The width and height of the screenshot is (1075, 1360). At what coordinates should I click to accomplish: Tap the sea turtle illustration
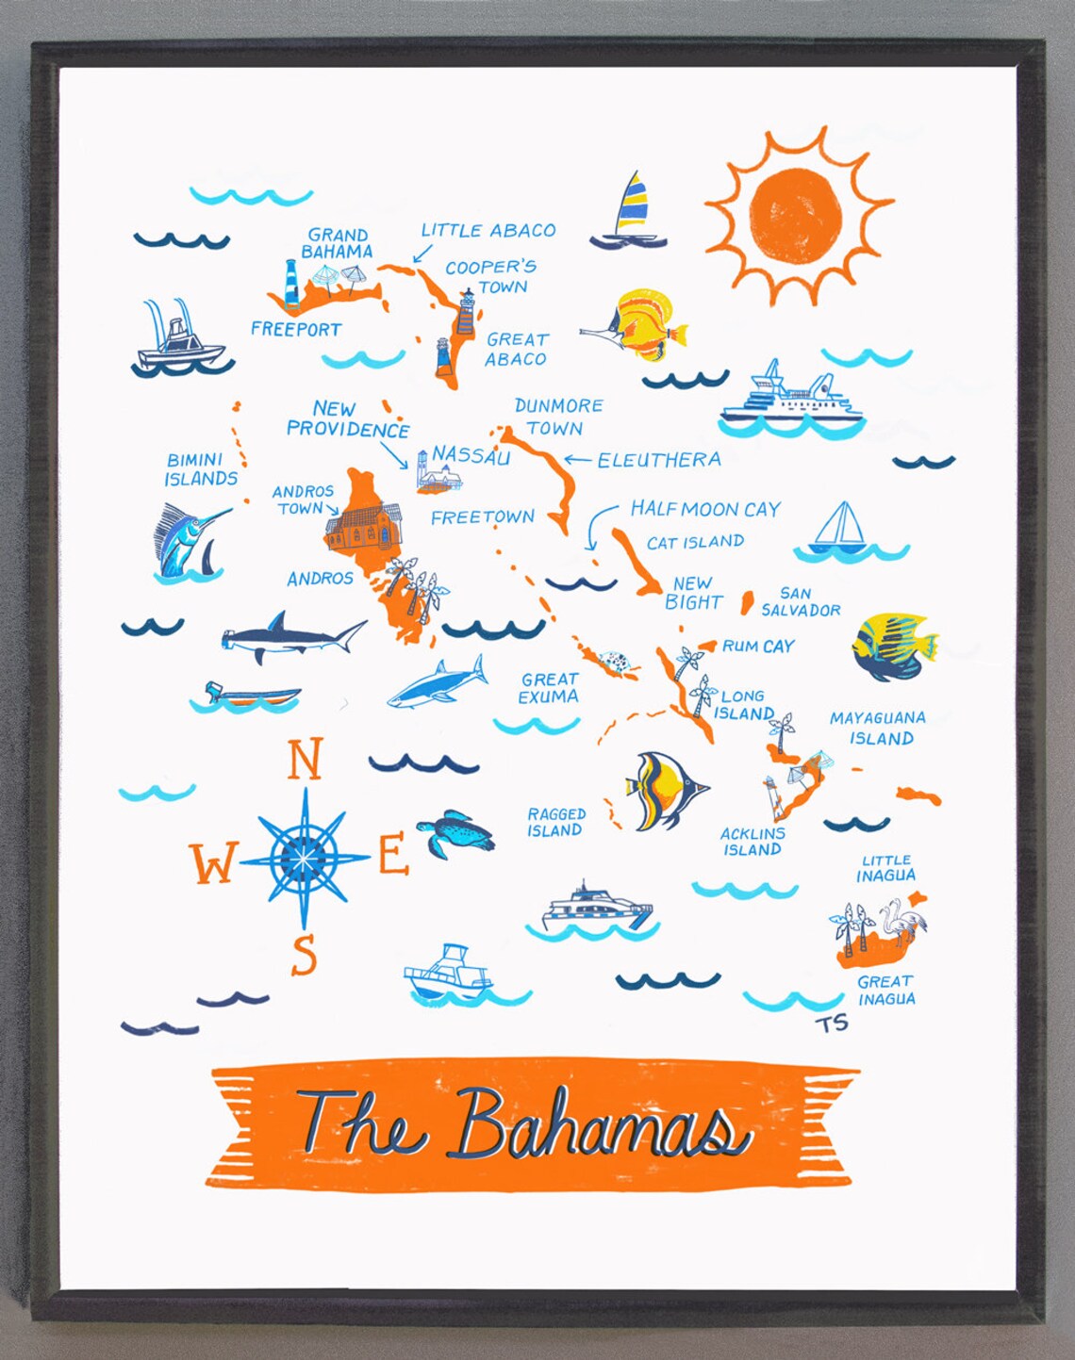coord(458,833)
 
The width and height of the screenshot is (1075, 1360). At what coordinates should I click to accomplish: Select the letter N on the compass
coord(304,760)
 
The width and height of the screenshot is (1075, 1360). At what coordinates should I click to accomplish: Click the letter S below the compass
coord(304,955)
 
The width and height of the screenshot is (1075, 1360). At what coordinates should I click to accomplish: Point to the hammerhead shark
coord(292,638)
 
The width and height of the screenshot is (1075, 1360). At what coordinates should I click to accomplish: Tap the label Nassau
coord(471,456)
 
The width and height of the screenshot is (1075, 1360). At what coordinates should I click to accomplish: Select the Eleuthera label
coord(658,460)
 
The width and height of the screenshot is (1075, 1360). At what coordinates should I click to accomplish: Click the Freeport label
coord(296,329)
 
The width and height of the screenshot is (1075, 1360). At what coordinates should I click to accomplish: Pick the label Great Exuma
coord(549,688)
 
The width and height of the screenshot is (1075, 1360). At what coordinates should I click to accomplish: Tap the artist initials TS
coord(833,1023)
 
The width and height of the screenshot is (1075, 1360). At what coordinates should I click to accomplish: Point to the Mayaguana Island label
coord(877,728)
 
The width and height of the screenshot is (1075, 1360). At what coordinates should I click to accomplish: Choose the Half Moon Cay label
coord(705,509)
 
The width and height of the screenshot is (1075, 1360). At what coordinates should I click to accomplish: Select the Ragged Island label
coord(555,822)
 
